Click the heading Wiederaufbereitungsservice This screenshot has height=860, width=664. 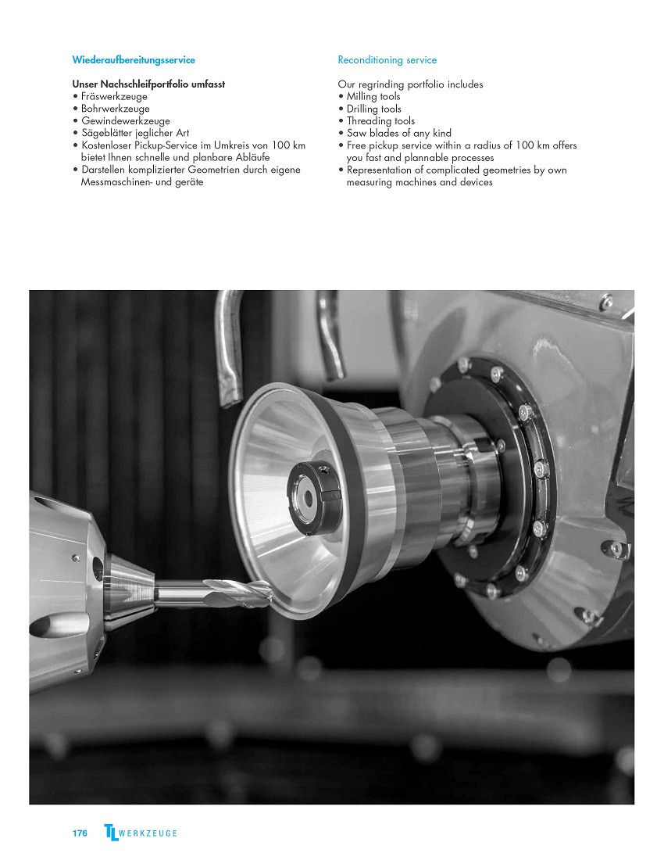click(134, 59)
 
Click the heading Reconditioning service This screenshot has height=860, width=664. click(387, 59)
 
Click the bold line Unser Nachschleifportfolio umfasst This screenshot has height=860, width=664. click(148, 84)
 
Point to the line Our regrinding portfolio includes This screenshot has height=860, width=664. click(410, 84)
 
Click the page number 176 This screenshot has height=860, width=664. click(80, 833)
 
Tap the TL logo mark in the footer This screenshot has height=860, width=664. click(111, 832)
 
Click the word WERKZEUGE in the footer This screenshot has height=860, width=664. click(148, 833)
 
